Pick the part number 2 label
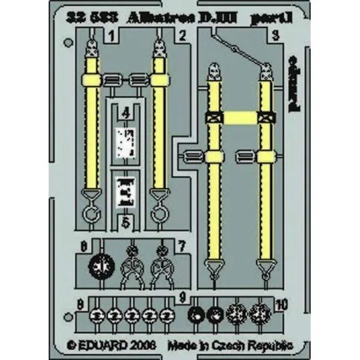181,34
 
